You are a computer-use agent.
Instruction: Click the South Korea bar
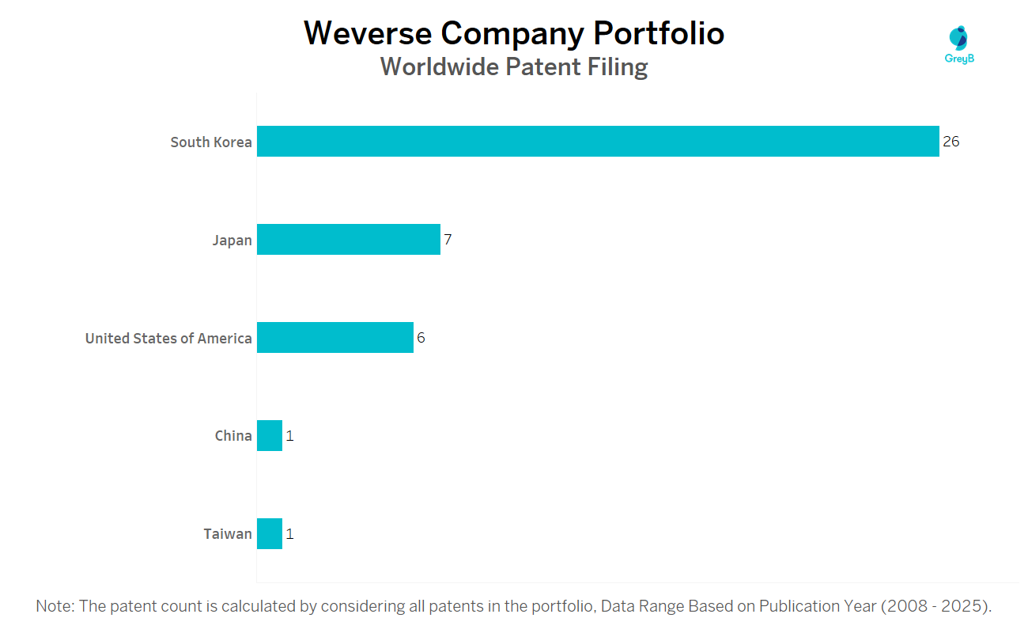tap(598, 142)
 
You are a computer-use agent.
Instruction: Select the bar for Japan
tap(349, 240)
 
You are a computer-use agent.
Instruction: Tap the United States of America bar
tap(335, 338)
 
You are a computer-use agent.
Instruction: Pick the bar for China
tap(270, 436)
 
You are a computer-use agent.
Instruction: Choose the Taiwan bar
tap(270, 534)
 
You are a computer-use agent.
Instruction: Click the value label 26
tap(951, 142)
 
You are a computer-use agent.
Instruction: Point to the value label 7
tap(448, 240)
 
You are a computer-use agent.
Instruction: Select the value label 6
tap(421, 338)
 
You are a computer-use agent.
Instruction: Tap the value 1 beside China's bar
tap(289, 436)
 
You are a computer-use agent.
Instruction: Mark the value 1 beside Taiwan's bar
tap(289, 534)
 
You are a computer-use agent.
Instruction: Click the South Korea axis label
tap(211, 142)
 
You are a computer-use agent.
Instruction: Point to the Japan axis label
tap(232, 241)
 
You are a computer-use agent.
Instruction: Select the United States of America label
tap(168, 339)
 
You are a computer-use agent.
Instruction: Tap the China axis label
tap(233, 436)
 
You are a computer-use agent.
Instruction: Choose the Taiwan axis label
tap(228, 534)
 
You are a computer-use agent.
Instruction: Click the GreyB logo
tap(959, 44)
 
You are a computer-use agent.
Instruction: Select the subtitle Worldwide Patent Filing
tap(514, 67)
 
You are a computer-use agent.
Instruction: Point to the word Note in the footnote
tap(54, 607)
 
